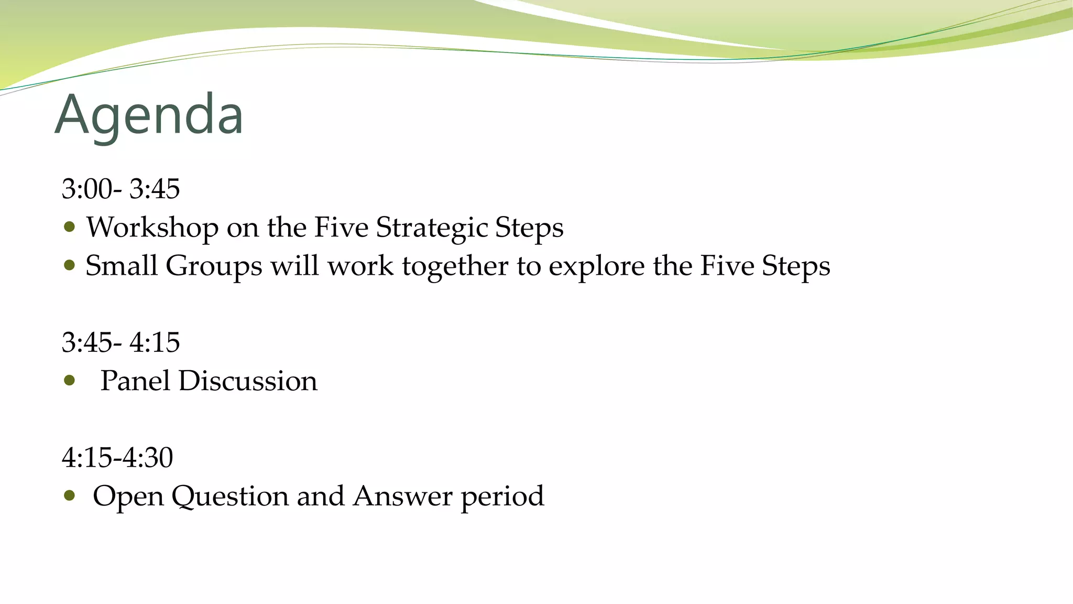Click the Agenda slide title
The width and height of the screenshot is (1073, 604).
[x=149, y=115]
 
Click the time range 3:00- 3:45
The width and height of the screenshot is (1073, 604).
[x=121, y=189]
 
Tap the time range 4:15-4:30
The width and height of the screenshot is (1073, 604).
[x=117, y=457]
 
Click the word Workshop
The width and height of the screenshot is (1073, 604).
[x=152, y=227]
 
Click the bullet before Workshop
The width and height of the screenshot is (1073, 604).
[x=69, y=227]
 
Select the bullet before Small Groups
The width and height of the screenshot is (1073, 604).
[x=69, y=265]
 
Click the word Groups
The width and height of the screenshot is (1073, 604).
[x=214, y=266]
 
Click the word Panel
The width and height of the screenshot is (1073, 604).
[x=135, y=381]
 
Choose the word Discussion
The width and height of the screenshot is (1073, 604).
[x=248, y=381]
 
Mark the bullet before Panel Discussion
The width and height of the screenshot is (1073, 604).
[x=69, y=380]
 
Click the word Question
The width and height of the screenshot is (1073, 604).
[x=230, y=496]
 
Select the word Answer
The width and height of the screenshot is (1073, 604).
[x=402, y=496]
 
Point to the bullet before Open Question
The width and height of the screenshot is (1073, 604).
[x=69, y=495]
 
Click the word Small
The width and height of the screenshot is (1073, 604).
[x=121, y=265]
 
